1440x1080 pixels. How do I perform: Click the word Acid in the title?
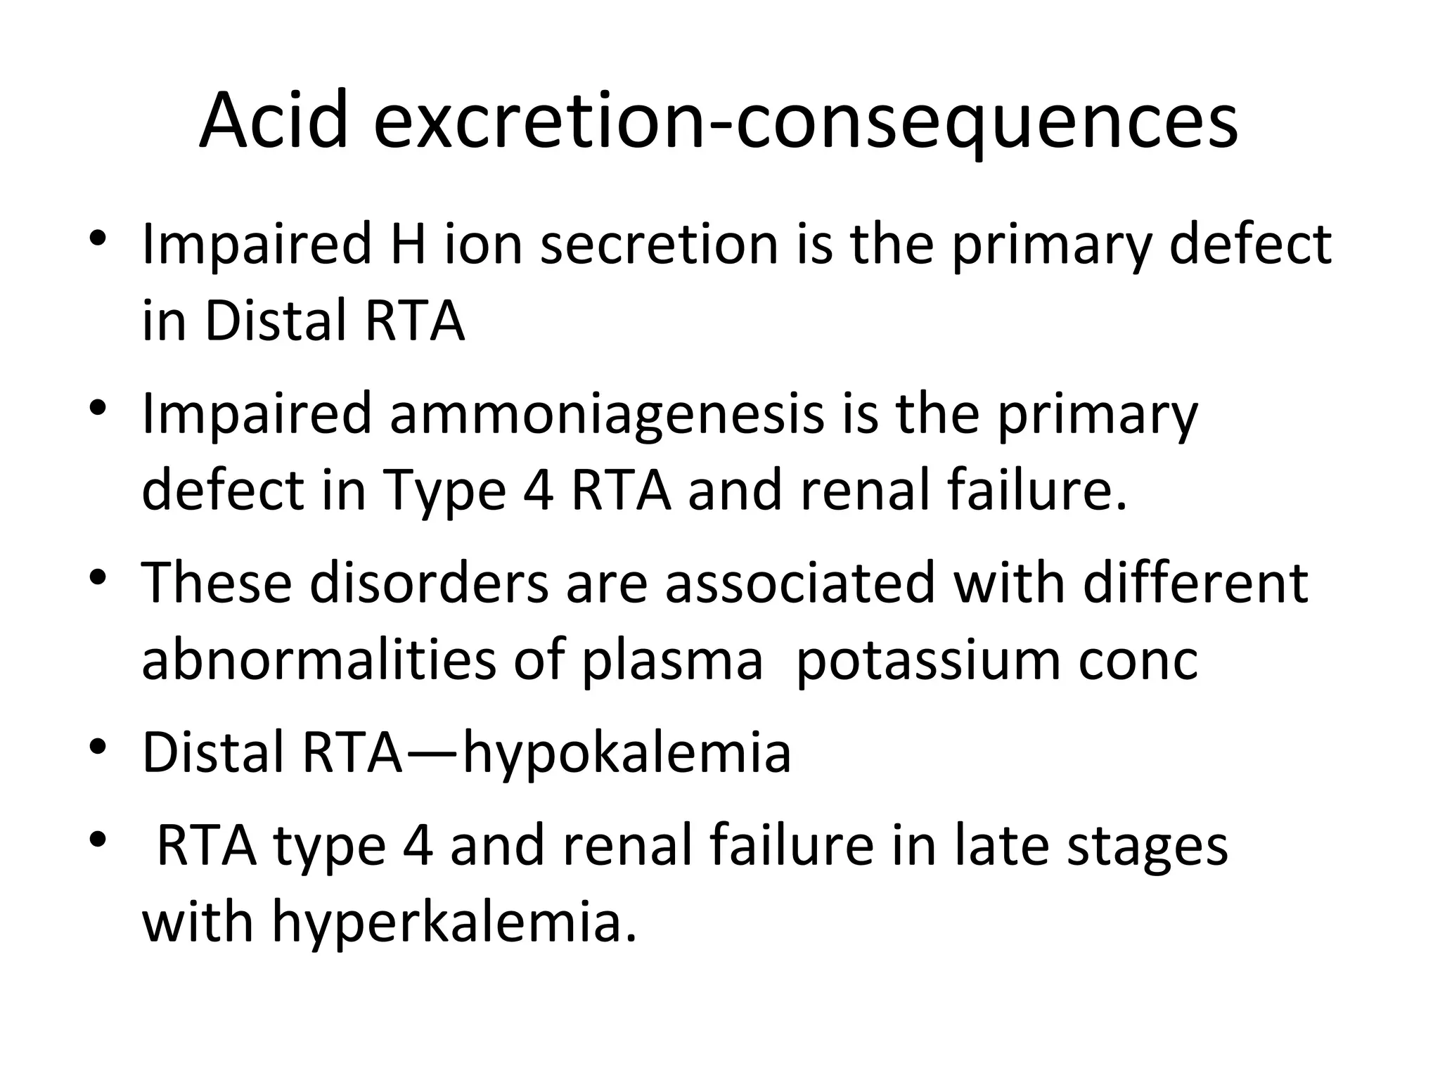coord(274,121)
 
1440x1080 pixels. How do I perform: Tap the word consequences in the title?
coord(984,121)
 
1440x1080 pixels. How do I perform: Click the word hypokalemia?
coord(628,752)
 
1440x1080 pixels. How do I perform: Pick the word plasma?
coord(671,660)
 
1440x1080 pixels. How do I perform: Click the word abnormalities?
coord(320,660)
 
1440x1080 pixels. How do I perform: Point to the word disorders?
coord(428,583)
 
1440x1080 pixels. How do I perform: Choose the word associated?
coord(799,583)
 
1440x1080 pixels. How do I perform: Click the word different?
coord(1195,583)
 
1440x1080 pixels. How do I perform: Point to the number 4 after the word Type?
coord(539,490)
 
